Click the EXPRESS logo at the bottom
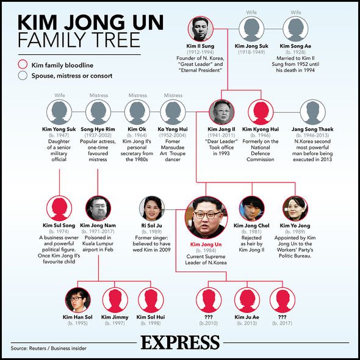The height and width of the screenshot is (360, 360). [x=180, y=342]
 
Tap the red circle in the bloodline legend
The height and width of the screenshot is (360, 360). [x=23, y=64]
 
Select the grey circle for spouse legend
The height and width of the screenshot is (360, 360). [x=23, y=75]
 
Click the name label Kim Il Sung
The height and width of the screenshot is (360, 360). [x=200, y=46]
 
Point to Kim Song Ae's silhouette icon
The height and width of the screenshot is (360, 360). [x=295, y=29]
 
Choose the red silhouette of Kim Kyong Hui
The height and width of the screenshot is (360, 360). [x=261, y=112]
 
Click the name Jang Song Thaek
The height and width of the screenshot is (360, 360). [x=312, y=129]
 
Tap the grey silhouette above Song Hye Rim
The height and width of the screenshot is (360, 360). [x=98, y=112]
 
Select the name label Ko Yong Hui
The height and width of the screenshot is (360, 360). [x=173, y=129]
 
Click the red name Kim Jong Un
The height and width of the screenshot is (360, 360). [x=206, y=245]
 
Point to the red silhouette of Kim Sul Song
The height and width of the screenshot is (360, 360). [x=59, y=208]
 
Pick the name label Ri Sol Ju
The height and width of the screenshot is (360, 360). [x=151, y=226]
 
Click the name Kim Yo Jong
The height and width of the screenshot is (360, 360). [x=295, y=226]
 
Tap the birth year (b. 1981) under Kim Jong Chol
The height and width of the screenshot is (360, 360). [x=251, y=232]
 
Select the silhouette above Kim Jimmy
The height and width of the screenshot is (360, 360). [x=115, y=300]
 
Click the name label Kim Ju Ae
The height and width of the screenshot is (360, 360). [x=247, y=317]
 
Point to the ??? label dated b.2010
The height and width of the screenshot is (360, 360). [x=209, y=317]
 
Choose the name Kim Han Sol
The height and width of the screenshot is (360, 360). [x=77, y=317]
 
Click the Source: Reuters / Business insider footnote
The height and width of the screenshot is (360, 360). [x=48, y=348]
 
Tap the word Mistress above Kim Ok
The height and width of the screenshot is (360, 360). [x=137, y=95]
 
